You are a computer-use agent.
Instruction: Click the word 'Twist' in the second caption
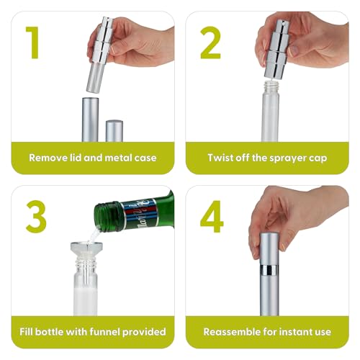[221, 157]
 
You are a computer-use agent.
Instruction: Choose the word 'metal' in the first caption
[119, 157]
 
